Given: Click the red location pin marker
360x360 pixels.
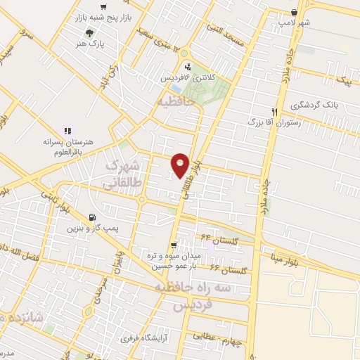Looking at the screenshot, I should pyautogui.click(x=180, y=165).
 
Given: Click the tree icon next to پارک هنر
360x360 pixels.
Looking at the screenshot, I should pyautogui.click(x=89, y=33).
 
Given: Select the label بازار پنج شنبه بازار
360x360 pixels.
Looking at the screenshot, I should pyautogui.click(x=104, y=14).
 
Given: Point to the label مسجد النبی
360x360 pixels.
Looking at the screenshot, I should pyautogui.click(x=225, y=29).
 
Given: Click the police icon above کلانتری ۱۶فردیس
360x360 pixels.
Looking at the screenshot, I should pyautogui.click(x=187, y=67).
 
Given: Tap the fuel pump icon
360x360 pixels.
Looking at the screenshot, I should pyautogui.click(x=92, y=218).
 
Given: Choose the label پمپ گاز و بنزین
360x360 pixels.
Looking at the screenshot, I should pyautogui.click(x=91, y=229).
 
